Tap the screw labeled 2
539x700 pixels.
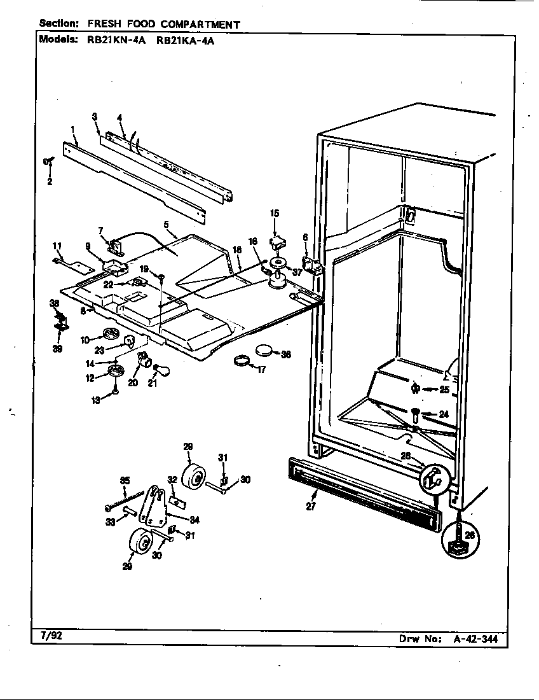[x=48, y=162]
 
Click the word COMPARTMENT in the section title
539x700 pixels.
[x=200, y=24]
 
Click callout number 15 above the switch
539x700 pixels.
[x=275, y=213]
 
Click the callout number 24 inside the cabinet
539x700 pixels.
[x=443, y=414]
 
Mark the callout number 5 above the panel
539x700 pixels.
[x=167, y=224]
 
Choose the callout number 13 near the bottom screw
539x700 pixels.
[x=95, y=401]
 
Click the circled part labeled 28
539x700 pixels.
[x=433, y=478]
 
